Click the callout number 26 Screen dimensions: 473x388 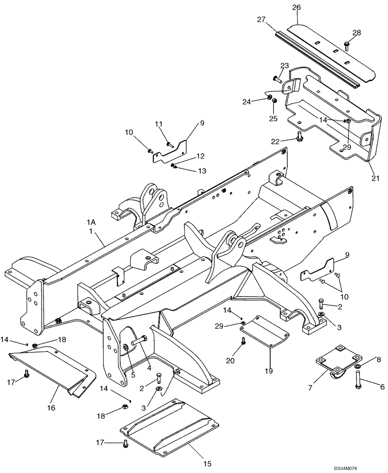pyautogui.click(x=296, y=8)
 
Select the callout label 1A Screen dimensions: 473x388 pyautogui.click(x=91, y=221)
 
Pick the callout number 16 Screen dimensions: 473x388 pyautogui.click(x=52, y=407)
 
